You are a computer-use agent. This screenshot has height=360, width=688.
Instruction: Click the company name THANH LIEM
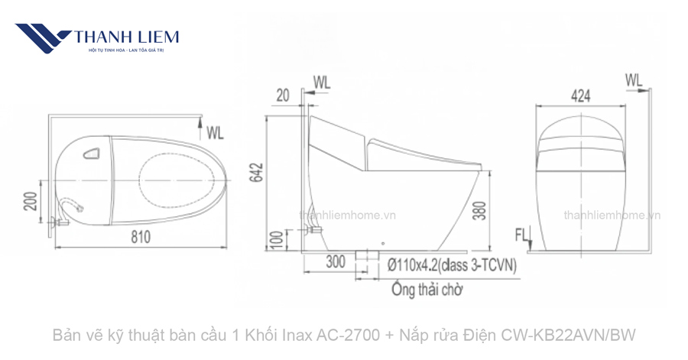click(127, 36)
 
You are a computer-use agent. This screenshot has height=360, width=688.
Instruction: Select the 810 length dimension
click(140, 238)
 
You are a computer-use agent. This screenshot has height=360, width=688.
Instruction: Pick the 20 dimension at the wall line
click(284, 94)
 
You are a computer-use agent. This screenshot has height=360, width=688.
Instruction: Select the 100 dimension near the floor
click(277, 241)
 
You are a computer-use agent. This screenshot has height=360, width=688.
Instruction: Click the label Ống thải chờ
click(427, 290)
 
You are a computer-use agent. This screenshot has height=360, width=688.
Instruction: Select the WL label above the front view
click(634, 79)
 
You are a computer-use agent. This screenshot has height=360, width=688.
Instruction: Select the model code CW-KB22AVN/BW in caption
click(567, 335)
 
